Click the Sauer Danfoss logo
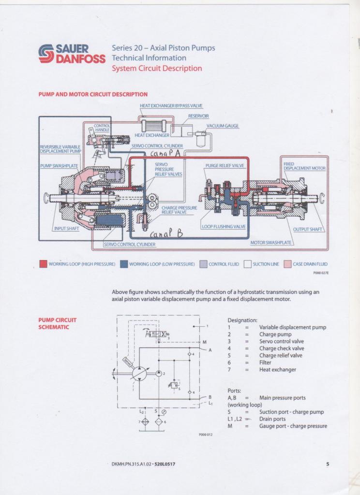pyautogui.click(x=72, y=54)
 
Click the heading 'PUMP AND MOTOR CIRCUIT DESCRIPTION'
pyautogui.click(x=93, y=94)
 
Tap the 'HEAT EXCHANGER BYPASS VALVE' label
pyautogui.click(x=171, y=106)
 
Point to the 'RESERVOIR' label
pyautogui.click(x=198, y=116)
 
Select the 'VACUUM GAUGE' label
pyautogui.click(x=223, y=126)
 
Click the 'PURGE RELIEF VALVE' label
pyautogui.click(x=225, y=166)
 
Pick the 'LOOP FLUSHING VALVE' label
pyautogui.click(x=224, y=226)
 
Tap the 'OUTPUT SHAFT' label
pyautogui.click(x=308, y=229)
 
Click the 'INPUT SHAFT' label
pyautogui.click(x=66, y=229)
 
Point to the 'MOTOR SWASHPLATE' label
pyautogui.click(x=271, y=243)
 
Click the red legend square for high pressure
pyautogui.click(x=43, y=264)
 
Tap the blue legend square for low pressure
pyautogui.click(x=124, y=264)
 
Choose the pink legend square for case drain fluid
pyautogui.click(x=287, y=264)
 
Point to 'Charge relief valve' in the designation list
pyautogui.click(x=281, y=355)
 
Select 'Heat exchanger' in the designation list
pyautogui.click(x=277, y=370)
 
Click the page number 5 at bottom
pyautogui.click(x=328, y=465)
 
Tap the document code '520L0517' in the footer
pyautogui.click(x=165, y=465)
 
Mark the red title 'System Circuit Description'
pyautogui.click(x=157, y=68)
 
